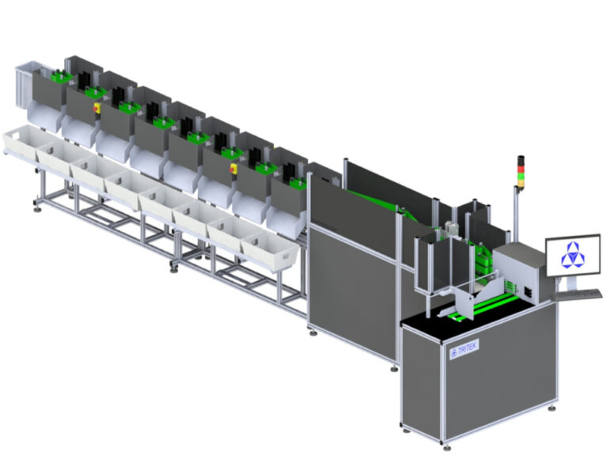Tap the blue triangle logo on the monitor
(x=571, y=254)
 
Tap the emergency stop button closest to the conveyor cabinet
(x=233, y=168)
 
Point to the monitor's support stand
(x=569, y=281)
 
